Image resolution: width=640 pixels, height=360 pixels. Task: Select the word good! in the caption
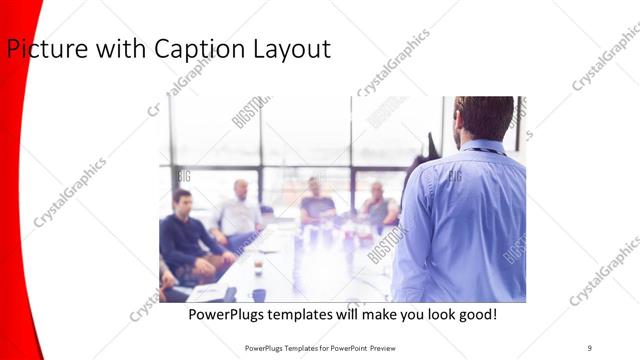click(476, 315)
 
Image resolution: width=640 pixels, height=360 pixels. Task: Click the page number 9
click(589, 347)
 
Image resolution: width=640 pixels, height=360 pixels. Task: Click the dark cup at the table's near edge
click(257, 294)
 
